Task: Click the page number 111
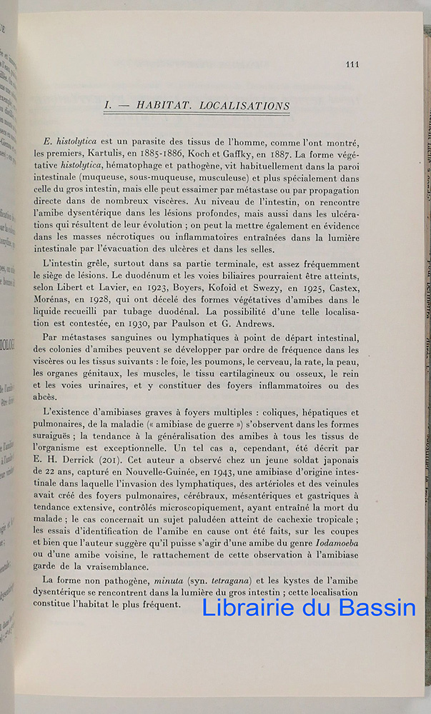coord(352,64)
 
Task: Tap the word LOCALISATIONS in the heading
coord(244,106)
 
